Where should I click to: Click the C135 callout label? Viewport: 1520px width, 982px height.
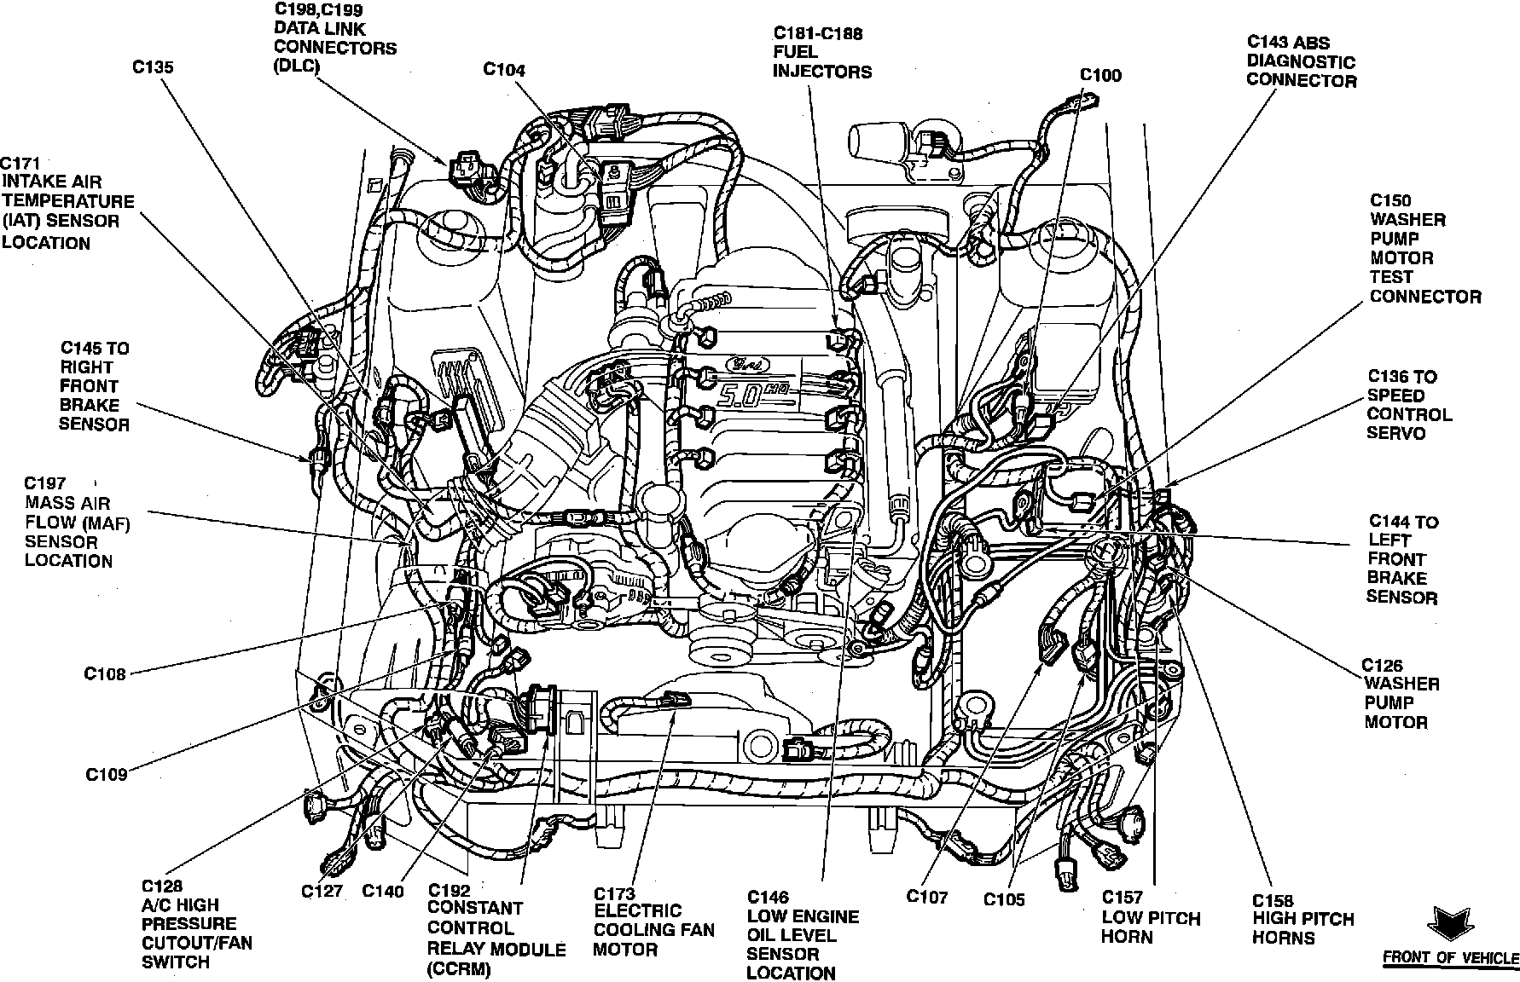153,67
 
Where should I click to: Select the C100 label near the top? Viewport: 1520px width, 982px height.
1100,75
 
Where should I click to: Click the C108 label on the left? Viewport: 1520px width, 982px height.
105,674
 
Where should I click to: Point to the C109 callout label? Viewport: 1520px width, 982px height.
106,775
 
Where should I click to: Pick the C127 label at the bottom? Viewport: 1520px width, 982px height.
322,892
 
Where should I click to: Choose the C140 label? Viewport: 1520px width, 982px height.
383,892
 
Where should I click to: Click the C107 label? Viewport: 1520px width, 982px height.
928,896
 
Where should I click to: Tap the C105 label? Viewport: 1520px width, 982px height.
1004,899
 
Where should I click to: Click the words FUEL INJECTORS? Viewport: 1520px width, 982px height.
821,62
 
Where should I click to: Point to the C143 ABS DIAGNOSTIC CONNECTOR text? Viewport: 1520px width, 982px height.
1301,61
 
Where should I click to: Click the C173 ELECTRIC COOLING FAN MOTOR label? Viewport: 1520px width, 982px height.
653,921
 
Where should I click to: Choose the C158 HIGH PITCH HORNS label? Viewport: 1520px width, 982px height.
1302,919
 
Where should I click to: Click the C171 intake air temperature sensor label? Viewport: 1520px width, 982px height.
67,202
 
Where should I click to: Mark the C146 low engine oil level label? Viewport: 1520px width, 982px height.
803,935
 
